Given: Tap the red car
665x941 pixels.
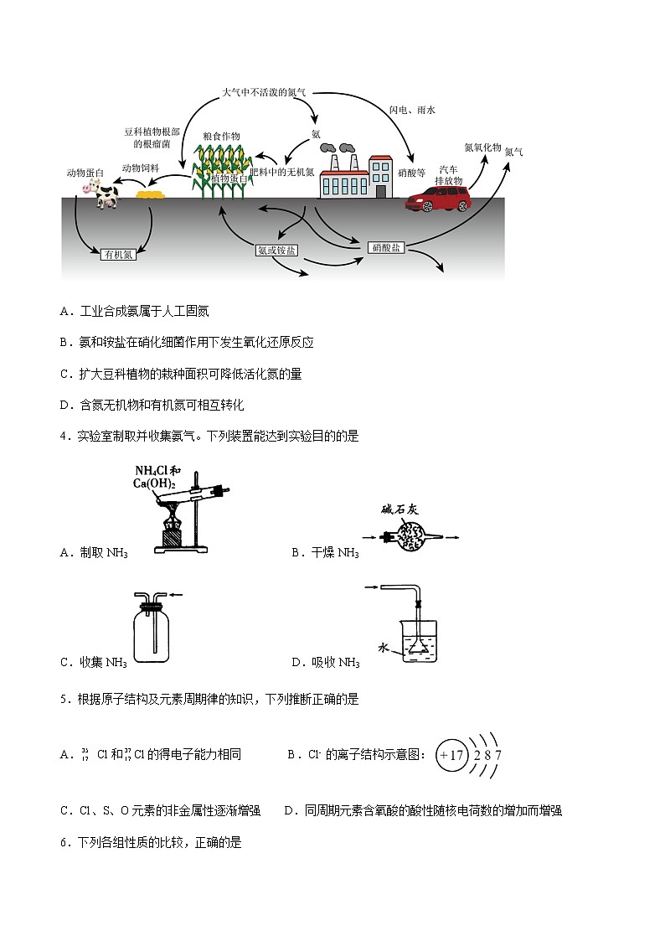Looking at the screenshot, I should coord(438,199).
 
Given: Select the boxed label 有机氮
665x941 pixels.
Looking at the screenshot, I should coord(117,255).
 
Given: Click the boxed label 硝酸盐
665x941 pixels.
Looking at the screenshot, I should coord(387,247).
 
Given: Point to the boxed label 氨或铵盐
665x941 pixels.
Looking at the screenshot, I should coord(276,251).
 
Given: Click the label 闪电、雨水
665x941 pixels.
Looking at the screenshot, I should coord(412,110).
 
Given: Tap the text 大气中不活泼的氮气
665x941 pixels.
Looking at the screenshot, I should coord(264,91).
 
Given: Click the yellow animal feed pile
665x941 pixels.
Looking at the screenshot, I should coord(150,195).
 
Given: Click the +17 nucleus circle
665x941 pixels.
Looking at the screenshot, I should coord(450,755).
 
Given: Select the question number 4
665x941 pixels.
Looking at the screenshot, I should coord(64,436).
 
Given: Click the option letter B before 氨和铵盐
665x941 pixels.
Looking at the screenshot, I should coord(64,342).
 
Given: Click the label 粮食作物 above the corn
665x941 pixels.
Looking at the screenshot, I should coord(221,137).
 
